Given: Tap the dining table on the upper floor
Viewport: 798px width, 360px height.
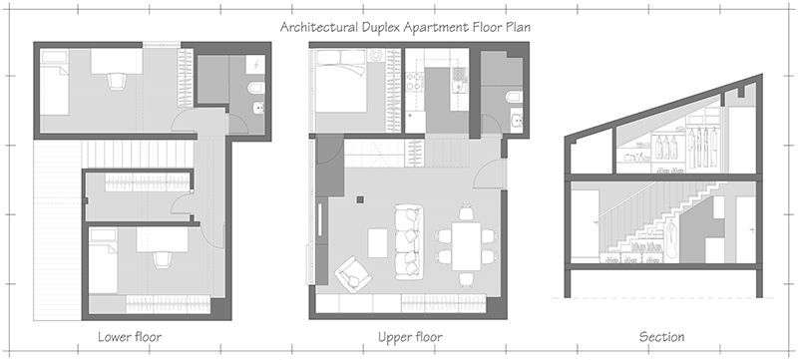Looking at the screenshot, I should click(464, 243).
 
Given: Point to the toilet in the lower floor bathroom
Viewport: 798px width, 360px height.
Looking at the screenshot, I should click(257, 106).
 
